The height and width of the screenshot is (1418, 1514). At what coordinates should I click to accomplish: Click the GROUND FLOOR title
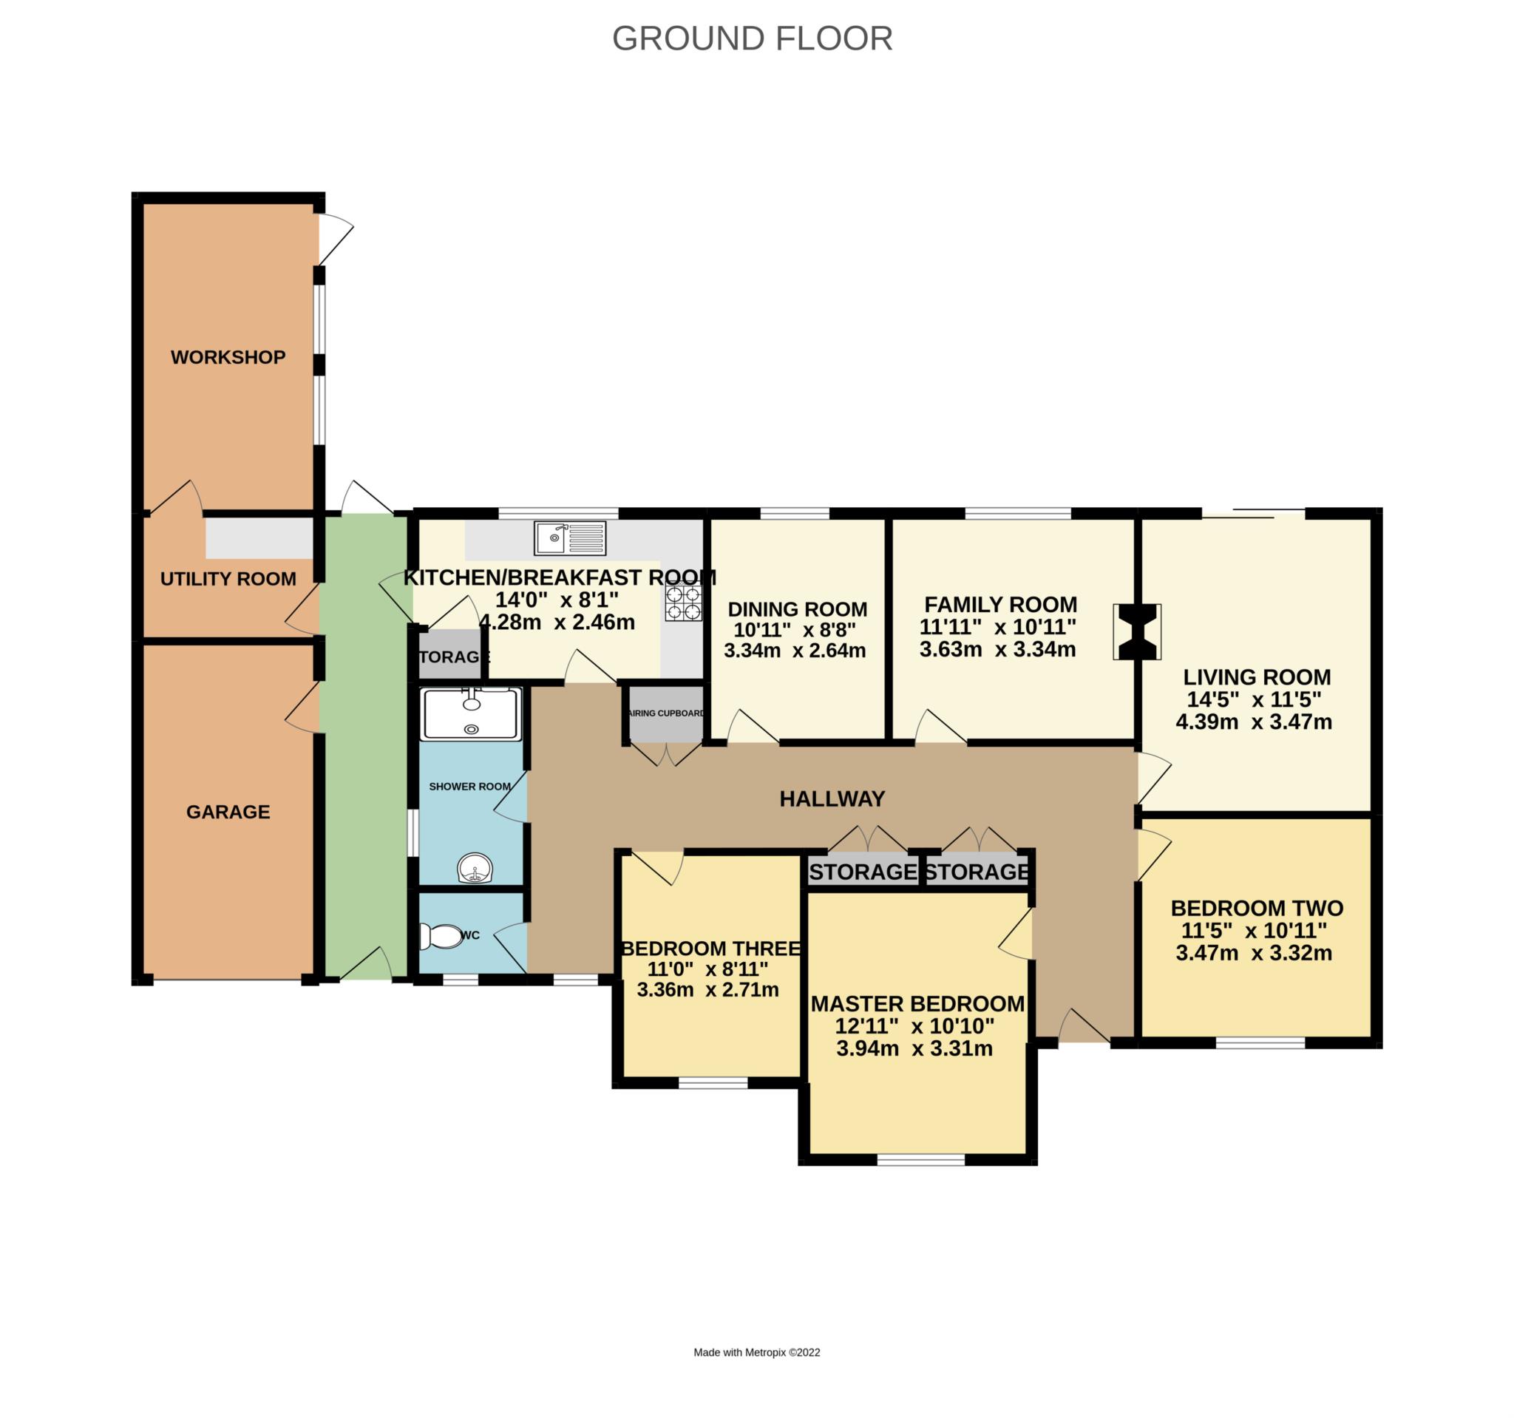pos(752,38)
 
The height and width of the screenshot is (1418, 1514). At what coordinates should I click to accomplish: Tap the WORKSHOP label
pos(228,357)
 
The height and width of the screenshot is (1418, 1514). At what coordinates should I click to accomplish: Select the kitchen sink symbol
pos(570,537)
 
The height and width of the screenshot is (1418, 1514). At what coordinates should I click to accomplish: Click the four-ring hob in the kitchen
pos(683,602)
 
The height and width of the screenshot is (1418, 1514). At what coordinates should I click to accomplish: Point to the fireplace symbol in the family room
pos(1136,631)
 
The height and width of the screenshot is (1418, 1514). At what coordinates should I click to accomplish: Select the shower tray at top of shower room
pos(472,713)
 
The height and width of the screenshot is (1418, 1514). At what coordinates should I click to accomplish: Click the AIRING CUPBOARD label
pos(665,713)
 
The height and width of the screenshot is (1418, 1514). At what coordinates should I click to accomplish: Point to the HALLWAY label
pos(832,799)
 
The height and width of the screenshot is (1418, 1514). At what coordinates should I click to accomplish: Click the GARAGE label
pos(228,812)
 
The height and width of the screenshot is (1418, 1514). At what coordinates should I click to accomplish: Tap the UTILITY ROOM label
pos(228,579)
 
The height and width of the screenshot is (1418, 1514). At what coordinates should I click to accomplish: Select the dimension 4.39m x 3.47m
pos(1254,722)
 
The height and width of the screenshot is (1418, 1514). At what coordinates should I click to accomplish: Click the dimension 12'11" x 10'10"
pos(914,1026)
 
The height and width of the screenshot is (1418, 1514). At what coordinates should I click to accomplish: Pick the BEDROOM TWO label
pos(1257,908)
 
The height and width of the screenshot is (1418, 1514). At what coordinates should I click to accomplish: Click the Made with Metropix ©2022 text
pos(756,1352)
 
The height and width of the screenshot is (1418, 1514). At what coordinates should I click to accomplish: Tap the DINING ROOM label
pos(798,609)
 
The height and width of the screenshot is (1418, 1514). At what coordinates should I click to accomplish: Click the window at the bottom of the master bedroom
pos(920,1160)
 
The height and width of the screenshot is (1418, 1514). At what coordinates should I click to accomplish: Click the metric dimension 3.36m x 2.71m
pos(707,990)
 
